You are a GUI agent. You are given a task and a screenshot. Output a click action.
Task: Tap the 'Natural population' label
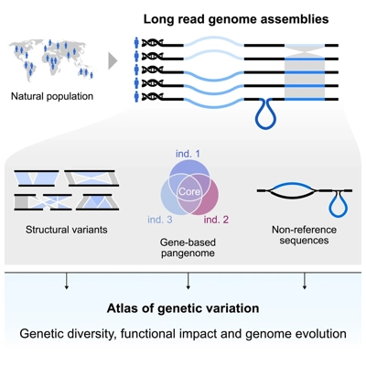52,94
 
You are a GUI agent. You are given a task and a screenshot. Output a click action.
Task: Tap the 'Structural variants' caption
66,229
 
